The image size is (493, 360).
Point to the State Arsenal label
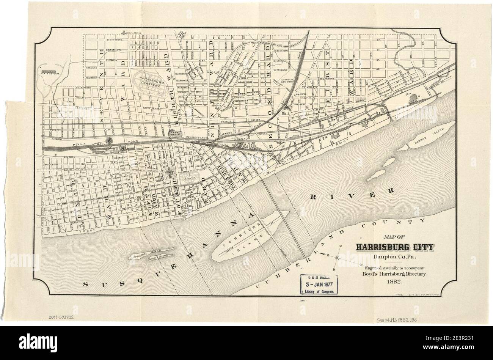click(134, 33)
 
